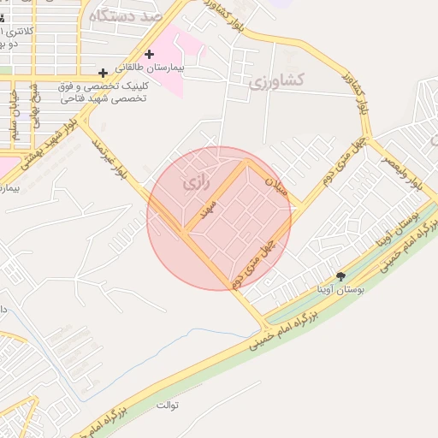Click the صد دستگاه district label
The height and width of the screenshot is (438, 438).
[x=129, y=14]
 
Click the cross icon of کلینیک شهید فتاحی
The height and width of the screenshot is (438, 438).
[x=103, y=74]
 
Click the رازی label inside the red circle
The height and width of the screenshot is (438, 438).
[x=195, y=183]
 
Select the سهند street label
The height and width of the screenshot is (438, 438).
[x=210, y=210]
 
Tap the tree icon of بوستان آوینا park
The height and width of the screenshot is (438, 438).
[x=341, y=276]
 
